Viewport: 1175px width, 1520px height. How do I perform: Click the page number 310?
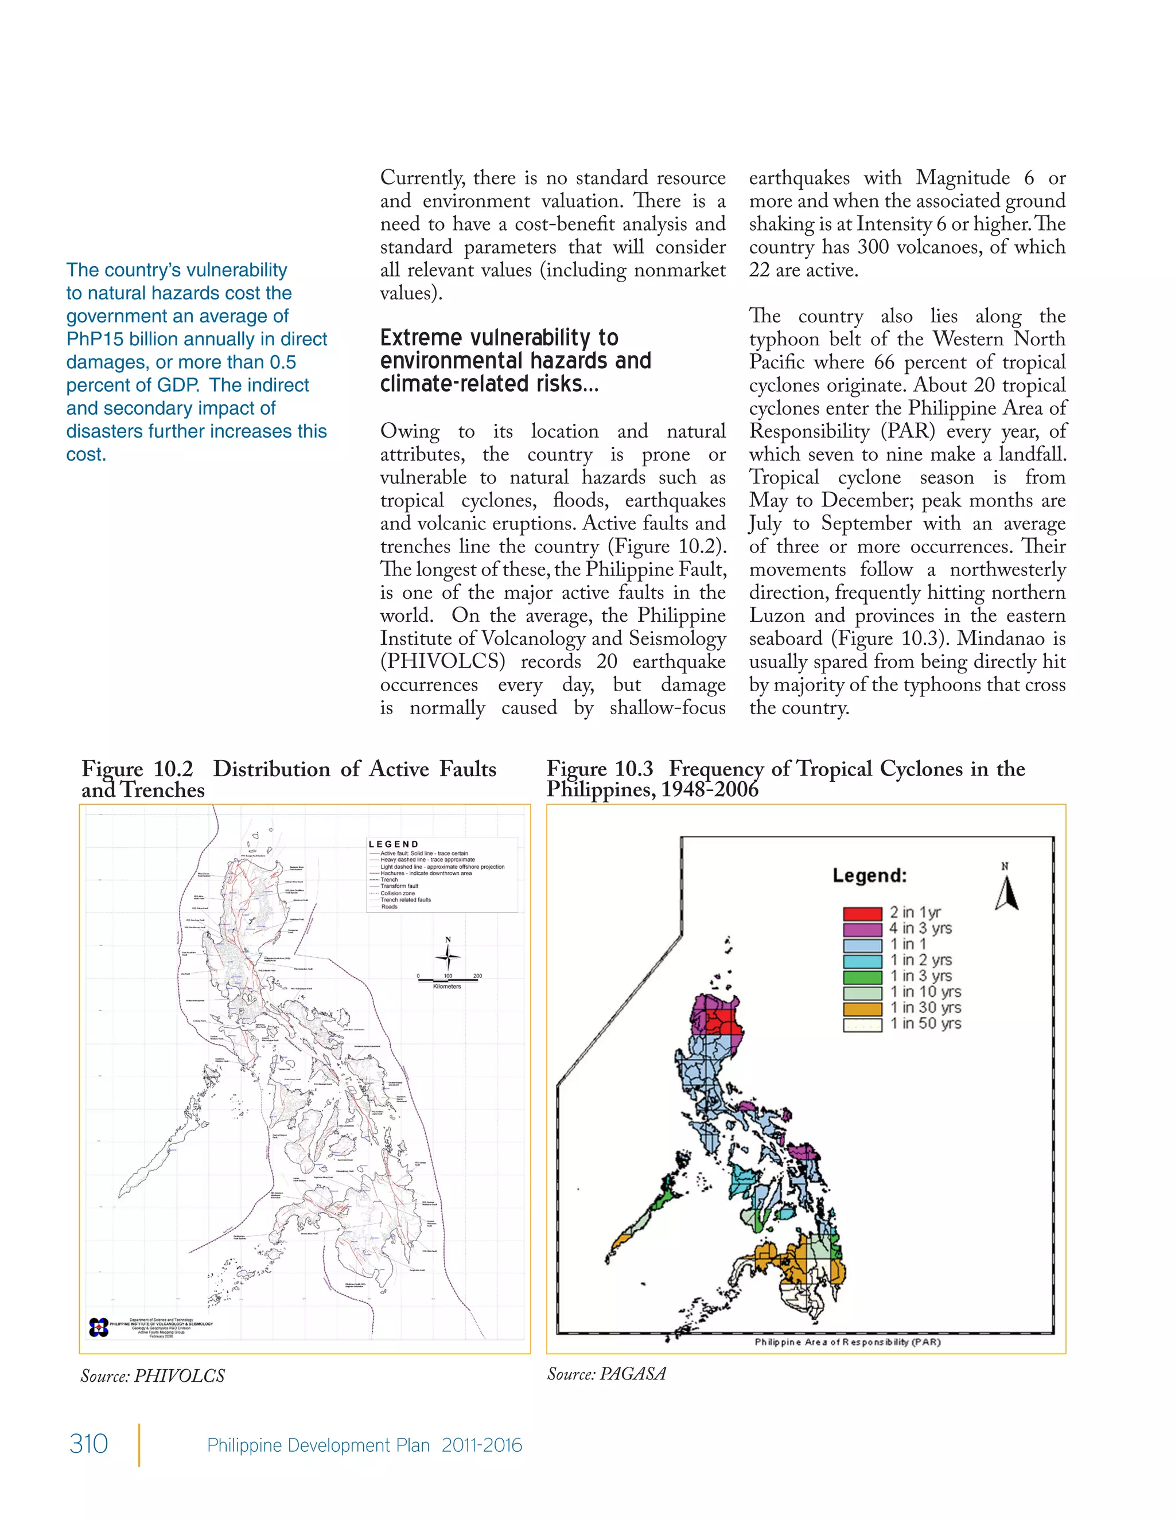(x=88, y=1444)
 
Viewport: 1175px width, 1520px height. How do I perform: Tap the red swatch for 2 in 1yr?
(x=862, y=913)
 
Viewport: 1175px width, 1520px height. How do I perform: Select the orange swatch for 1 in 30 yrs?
(x=862, y=1008)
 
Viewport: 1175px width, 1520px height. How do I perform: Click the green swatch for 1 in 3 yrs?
(x=862, y=976)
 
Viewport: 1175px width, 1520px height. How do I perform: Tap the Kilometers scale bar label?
(x=447, y=986)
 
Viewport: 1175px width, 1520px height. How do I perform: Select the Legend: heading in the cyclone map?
(x=869, y=875)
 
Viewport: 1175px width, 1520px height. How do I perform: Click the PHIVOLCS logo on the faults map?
(x=99, y=1327)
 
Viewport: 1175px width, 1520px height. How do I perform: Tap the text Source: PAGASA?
(x=606, y=1373)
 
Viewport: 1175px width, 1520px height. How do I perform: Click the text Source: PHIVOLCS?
(x=153, y=1376)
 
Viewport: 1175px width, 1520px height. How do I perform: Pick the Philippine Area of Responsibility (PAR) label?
(x=847, y=1342)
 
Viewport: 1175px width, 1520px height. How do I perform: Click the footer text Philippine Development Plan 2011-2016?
(x=364, y=1445)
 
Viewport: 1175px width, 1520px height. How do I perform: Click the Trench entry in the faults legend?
(x=389, y=880)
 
